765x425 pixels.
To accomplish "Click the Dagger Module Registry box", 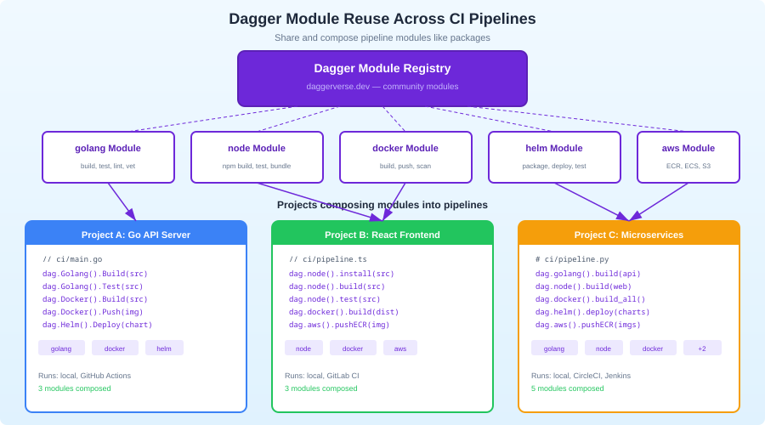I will pyautogui.click(x=382, y=78).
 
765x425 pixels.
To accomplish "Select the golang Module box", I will pyautogui.click(x=108, y=157).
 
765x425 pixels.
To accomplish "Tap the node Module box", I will pyautogui.click(x=257, y=157).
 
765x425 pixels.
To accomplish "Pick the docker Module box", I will pyautogui.click(x=405, y=157).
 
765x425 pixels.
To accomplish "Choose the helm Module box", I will pyautogui.click(x=554, y=157).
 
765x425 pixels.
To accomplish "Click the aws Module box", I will pyautogui.click(x=688, y=157).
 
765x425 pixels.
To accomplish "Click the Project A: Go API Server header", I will pyautogui.click(x=136, y=235).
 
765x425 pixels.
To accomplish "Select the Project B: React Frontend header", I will pyautogui.click(x=382, y=235).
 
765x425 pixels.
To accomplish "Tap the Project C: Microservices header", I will pyautogui.click(x=629, y=235).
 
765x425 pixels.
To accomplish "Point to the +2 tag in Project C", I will pyautogui.click(x=702, y=348).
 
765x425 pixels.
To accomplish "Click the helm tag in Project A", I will pyautogui.click(x=164, y=348).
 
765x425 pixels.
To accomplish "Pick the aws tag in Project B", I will pyautogui.click(x=400, y=348).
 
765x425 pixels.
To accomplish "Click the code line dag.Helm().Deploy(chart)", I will pyautogui.click(x=98, y=325).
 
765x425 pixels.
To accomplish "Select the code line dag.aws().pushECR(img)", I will pyautogui.click(x=339, y=325).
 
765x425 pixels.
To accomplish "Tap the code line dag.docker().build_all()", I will pyautogui.click(x=590, y=299).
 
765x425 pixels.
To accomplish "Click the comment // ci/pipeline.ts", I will pyautogui.click(x=328, y=259).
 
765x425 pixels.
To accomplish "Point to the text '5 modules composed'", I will pyautogui.click(x=568, y=388).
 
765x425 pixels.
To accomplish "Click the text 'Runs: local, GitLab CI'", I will pyautogui.click(x=322, y=376).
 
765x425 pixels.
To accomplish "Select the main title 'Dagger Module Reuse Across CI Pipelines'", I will pyautogui.click(x=382, y=19).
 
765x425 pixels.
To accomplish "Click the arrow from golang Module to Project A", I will pyautogui.click(x=121, y=201).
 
